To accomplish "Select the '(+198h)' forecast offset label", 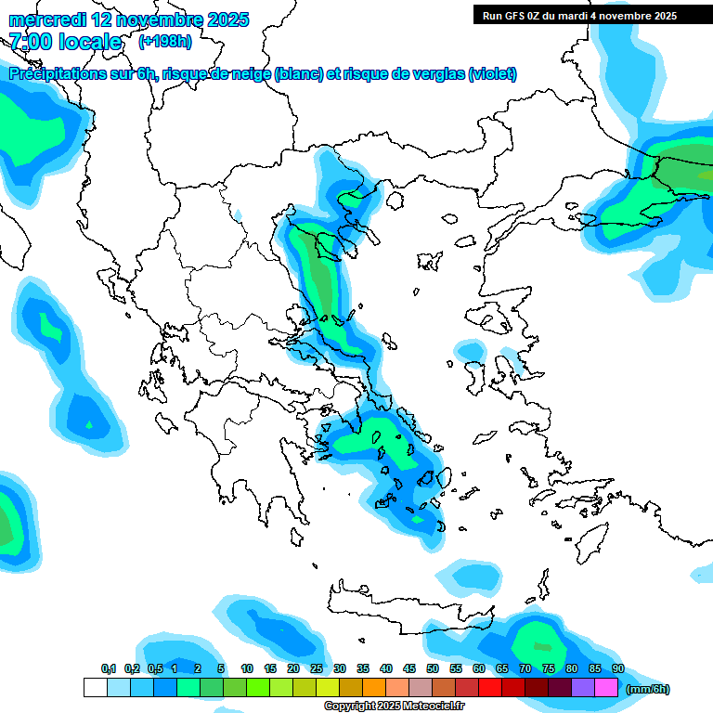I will coord(164,42).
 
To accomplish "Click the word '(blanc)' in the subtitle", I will coord(298,74).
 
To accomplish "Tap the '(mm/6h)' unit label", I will coord(648,689).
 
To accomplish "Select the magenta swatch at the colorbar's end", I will coord(606,687).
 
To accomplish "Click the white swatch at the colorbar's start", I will coord(95,687).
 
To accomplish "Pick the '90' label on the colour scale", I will coord(617,668).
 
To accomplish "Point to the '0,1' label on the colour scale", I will coord(108,668).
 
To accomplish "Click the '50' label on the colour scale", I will coord(433,668).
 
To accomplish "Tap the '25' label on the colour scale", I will coord(317,668).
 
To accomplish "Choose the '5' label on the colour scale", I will coord(221,668).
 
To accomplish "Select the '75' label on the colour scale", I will coord(549,668).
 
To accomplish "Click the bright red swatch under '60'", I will coord(490,687).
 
